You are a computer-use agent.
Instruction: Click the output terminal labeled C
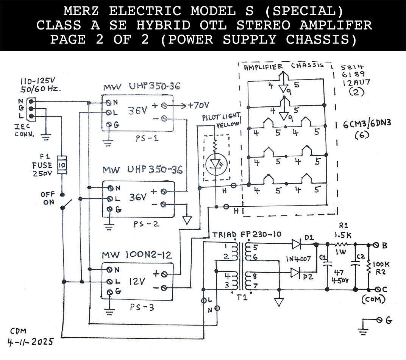pyautogui.click(x=376, y=289)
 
